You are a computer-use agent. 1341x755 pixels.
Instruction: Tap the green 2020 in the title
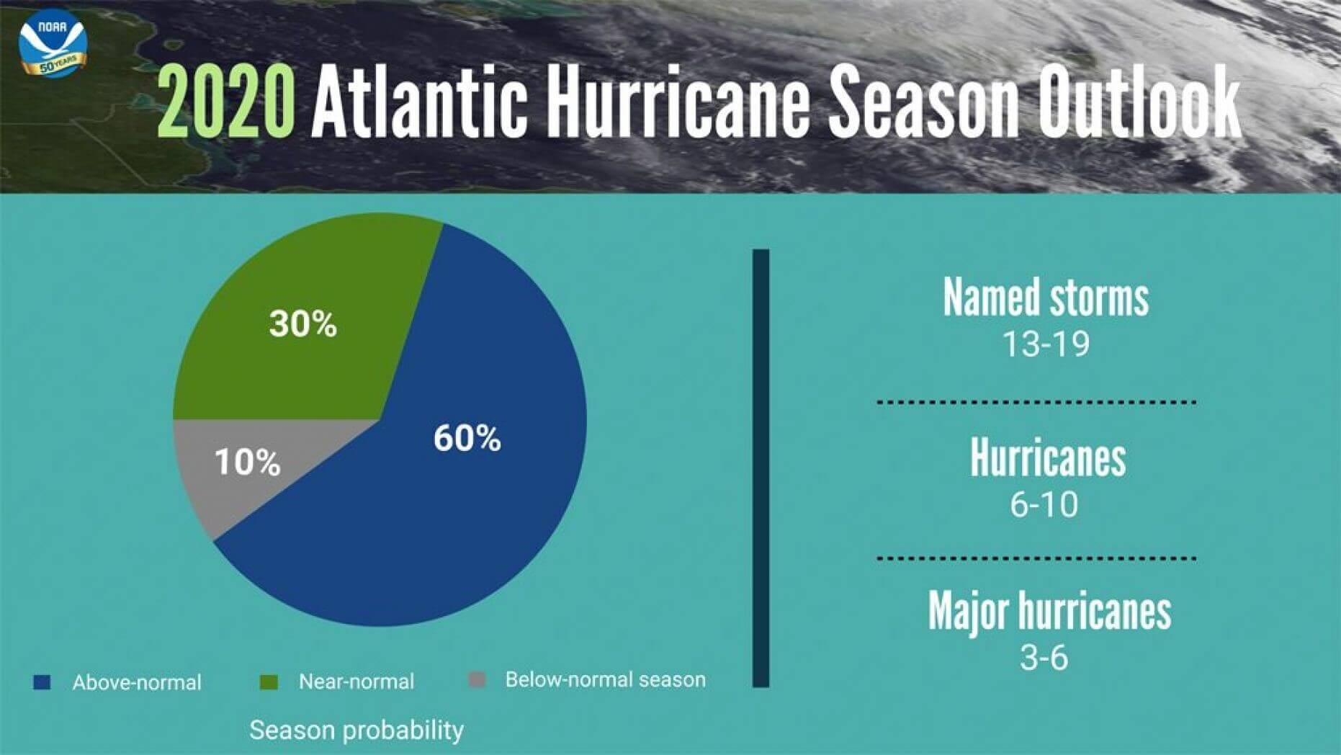[226, 100]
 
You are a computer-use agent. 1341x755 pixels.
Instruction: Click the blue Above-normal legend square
[42, 682]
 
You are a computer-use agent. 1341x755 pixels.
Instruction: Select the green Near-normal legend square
[269, 682]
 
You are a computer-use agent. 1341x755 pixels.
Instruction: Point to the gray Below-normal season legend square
[477, 679]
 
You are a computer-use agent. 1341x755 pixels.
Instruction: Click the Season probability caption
[356, 731]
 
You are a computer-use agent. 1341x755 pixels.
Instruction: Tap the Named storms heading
[1046, 297]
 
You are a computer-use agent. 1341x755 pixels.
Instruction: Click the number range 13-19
[1046, 344]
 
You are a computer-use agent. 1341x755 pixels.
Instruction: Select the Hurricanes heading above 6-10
[1048, 457]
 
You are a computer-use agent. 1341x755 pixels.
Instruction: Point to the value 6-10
[1044, 504]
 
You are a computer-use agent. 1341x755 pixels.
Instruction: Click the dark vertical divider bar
[761, 468]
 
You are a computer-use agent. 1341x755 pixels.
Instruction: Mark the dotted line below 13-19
[1036, 402]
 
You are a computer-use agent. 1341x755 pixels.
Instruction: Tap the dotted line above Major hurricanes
[1036, 558]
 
